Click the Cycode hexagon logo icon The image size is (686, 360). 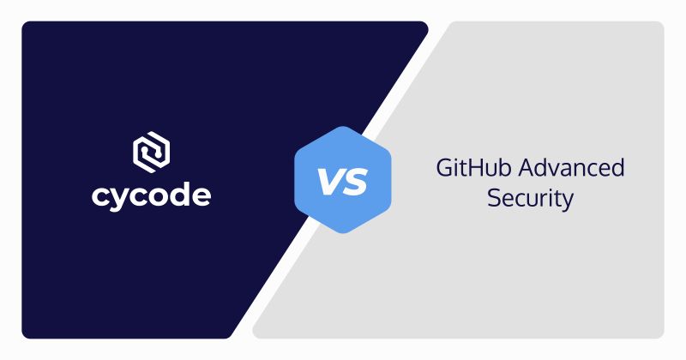[x=151, y=153]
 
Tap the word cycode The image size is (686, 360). [x=151, y=195]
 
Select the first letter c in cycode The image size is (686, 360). [x=100, y=196]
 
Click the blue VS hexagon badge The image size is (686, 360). [x=342, y=181]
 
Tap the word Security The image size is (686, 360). [x=530, y=199]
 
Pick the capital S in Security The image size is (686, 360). [x=494, y=199]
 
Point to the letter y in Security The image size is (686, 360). [x=566, y=202]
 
